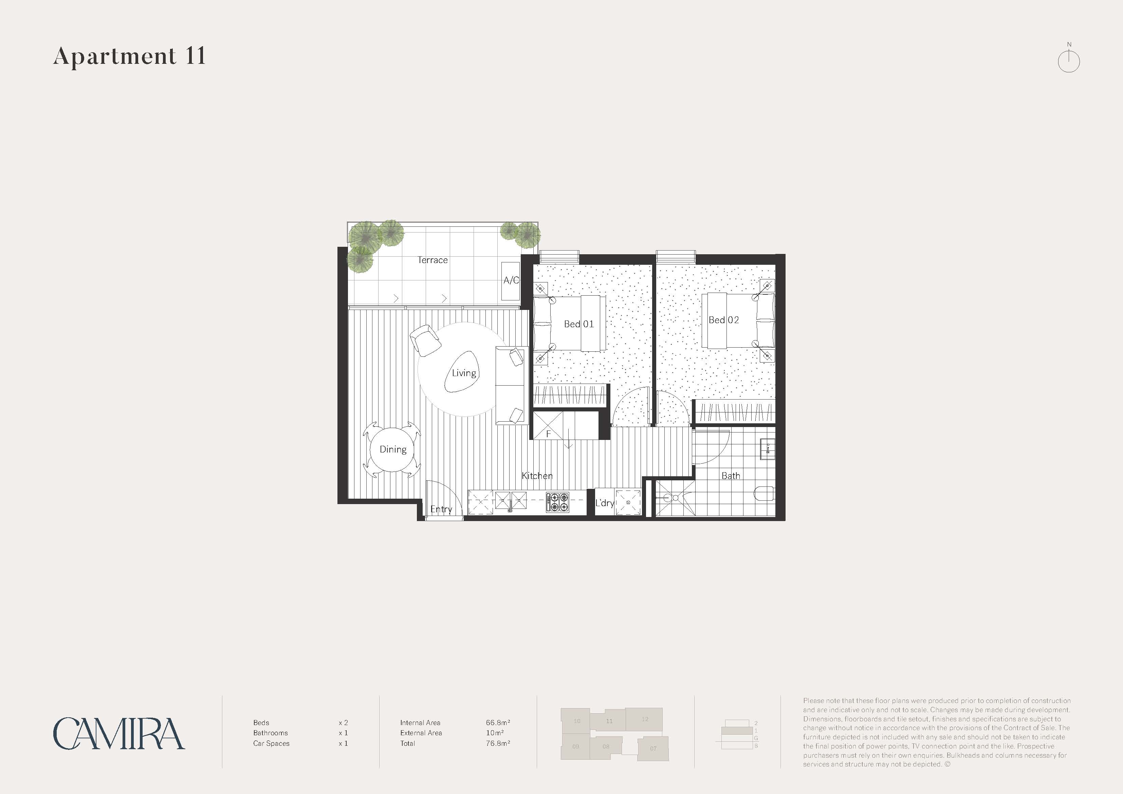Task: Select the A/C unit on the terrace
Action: [511, 281]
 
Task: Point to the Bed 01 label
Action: [578, 324]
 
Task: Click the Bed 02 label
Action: [724, 320]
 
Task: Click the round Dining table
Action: [393, 449]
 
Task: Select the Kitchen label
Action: [537, 476]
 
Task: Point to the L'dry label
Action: [605, 503]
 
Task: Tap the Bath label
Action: [731, 476]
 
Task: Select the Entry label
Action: [441, 509]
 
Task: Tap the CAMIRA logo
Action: [119, 733]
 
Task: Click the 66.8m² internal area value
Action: [498, 723]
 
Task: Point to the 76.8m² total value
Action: [498, 743]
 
